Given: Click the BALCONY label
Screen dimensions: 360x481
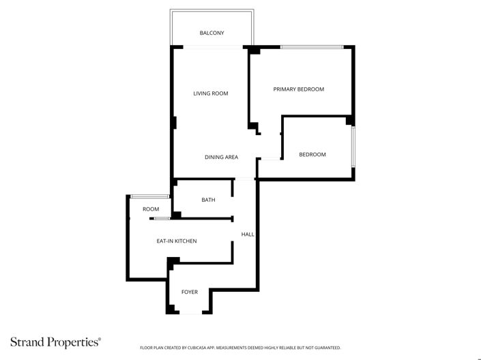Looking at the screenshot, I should tap(212, 33).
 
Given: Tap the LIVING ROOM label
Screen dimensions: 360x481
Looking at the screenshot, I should tap(210, 93).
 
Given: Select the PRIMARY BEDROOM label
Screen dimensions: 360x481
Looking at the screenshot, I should tap(298, 89).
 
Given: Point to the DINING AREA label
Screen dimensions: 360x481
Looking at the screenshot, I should tap(221, 157).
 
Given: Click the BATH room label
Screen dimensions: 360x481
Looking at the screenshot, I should tap(208, 200).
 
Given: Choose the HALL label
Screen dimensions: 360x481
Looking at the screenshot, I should tap(247, 235).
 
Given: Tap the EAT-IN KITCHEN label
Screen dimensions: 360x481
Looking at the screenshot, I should tap(177, 241).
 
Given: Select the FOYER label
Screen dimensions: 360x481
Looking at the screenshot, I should tap(189, 292).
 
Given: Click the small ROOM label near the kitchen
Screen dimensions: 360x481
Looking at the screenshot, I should tap(151, 209).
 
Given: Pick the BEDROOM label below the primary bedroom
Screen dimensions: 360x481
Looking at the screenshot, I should tap(312, 155).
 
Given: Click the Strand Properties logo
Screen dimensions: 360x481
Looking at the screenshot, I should tap(55, 341).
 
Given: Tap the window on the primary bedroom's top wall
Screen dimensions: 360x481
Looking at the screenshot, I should tap(312, 46).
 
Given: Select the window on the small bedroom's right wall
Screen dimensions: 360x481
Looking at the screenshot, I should tap(353, 147).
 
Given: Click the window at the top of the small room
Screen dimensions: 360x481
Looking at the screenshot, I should tap(149, 196).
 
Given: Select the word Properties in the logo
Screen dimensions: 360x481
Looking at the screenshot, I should tap(74, 341).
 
